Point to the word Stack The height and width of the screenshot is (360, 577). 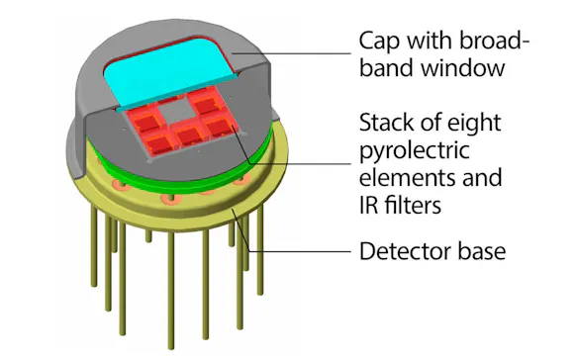(x=389, y=126)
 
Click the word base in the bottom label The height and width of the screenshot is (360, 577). (x=482, y=251)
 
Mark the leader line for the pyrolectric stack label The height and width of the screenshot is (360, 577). (x=297, y=165)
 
